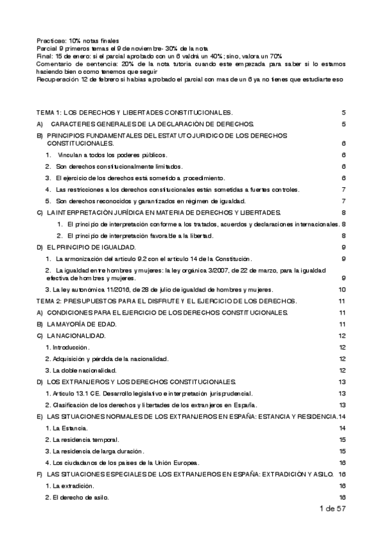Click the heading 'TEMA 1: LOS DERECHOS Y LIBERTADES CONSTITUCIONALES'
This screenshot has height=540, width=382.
[135, 111]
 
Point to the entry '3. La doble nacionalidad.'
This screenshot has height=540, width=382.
[80, 370]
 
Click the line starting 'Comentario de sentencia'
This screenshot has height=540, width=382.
[191, 64]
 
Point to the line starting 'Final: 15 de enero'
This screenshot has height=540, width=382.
[159, 56]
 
